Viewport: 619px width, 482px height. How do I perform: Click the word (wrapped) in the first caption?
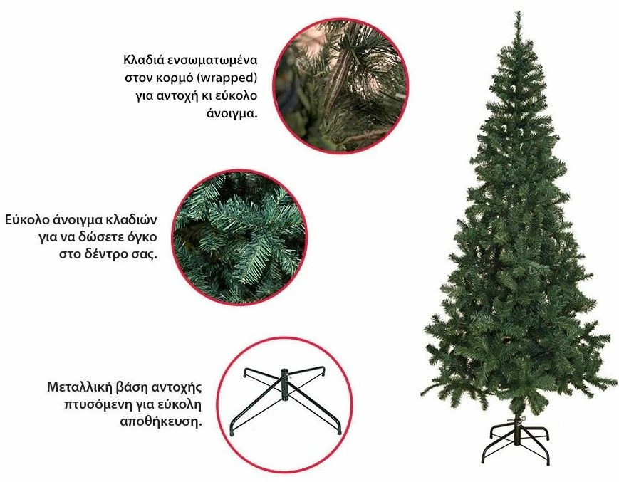[x=227, y=78]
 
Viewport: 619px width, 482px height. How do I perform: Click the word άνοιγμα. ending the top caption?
[x=232, y=114]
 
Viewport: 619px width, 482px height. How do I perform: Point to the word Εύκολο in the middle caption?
[x=27, y=220]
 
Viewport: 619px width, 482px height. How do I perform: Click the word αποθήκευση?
[x=161, y=422]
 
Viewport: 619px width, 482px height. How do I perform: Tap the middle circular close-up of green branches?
[x=239, y=238]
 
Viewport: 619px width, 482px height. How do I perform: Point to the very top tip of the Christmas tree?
[x=518, y=12]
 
